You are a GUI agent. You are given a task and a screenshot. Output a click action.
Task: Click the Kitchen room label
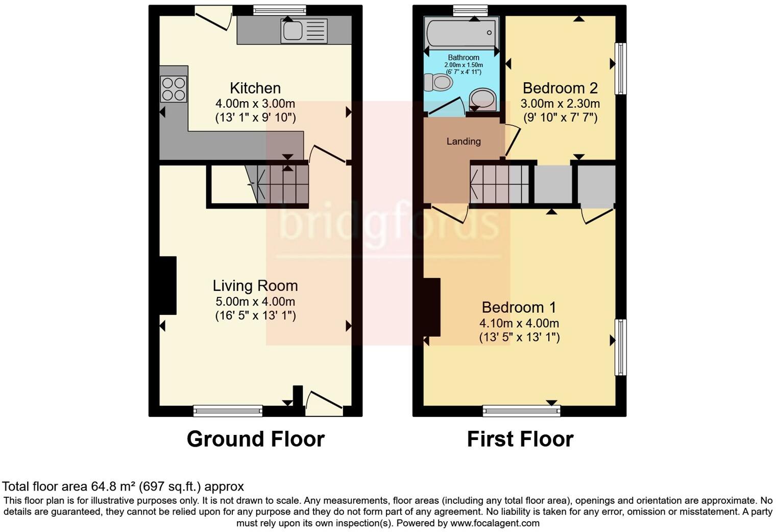click(x=255, y=88)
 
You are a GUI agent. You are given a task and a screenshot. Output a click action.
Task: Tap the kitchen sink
click(x=304, y=31)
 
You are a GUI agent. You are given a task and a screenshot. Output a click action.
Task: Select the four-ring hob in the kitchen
click(x=174, y=89)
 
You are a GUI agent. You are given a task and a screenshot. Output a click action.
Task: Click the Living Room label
click(x=255, y=286)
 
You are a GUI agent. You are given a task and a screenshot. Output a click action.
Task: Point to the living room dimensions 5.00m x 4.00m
click(x=255, y=302)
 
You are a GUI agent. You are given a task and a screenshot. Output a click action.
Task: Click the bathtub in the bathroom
click(x=462, y=33)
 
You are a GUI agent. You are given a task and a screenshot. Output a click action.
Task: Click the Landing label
click(x=464, y=142)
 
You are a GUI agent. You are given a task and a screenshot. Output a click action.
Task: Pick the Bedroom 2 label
click(x=560, y=88)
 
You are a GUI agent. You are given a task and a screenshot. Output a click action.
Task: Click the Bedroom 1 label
click(x=519, y=307)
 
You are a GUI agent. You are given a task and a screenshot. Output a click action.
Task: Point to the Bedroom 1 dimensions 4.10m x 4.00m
click(x=519, y=323)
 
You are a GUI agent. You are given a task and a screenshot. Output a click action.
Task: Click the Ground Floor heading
click(x=255, y=439)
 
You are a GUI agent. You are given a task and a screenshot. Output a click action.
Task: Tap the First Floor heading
click(x=520, y=439)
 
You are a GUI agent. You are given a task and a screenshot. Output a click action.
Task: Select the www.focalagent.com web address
click(x=495, y=523)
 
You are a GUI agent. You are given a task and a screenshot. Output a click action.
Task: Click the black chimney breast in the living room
click(x=168, y=285)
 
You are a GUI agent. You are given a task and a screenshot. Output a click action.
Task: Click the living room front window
click(x=228, y=410)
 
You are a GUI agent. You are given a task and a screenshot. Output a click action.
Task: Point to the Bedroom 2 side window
click(x=620, y=68)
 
